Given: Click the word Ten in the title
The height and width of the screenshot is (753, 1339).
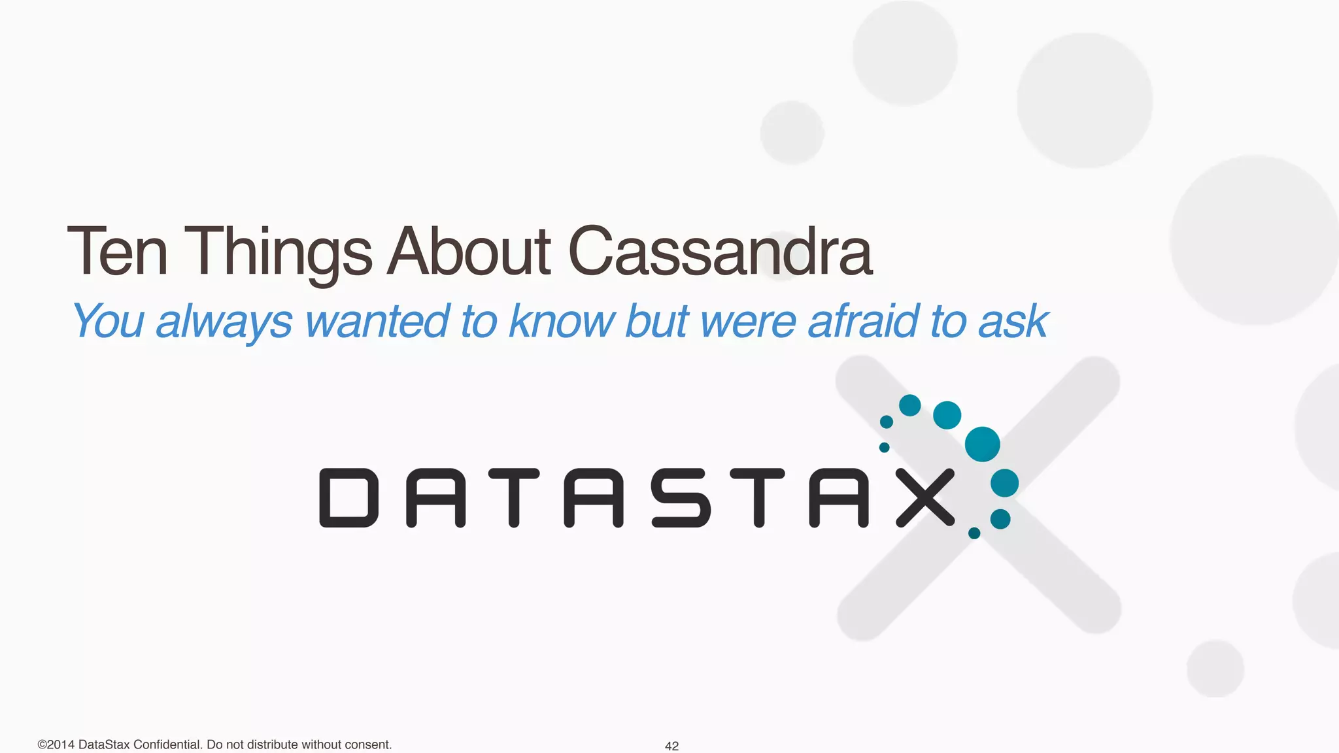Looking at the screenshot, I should pyautogui.click(x=118, y=252).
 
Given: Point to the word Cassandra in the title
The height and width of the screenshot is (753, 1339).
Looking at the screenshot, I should pyautogui.click(x=720, y=252).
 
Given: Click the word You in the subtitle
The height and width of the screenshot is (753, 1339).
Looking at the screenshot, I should pyautogui.click(x=108, y=321).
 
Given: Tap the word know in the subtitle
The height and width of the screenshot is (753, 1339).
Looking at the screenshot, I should pyautogui.click(x=562, y=321).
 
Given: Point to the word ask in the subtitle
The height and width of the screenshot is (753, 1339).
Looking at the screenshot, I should pyautogui.click(x=1013, y=321).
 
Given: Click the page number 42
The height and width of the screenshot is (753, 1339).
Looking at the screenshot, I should pyautogui.click(x=671, y=746).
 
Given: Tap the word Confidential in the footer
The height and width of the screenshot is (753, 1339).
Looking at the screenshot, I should pyautogui.click(x=168, y=745).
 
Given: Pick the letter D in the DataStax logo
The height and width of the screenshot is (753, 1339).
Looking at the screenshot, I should pyautogui.click(x=349, y=497).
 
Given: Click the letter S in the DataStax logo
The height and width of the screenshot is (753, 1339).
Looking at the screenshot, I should pyautogui.click(x=681, y=497).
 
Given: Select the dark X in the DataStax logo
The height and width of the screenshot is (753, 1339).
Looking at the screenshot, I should pyautogui.click(x=925, y=497).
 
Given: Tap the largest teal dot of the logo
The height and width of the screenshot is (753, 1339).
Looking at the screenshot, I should pyautogui.click(x=982, y=444).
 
